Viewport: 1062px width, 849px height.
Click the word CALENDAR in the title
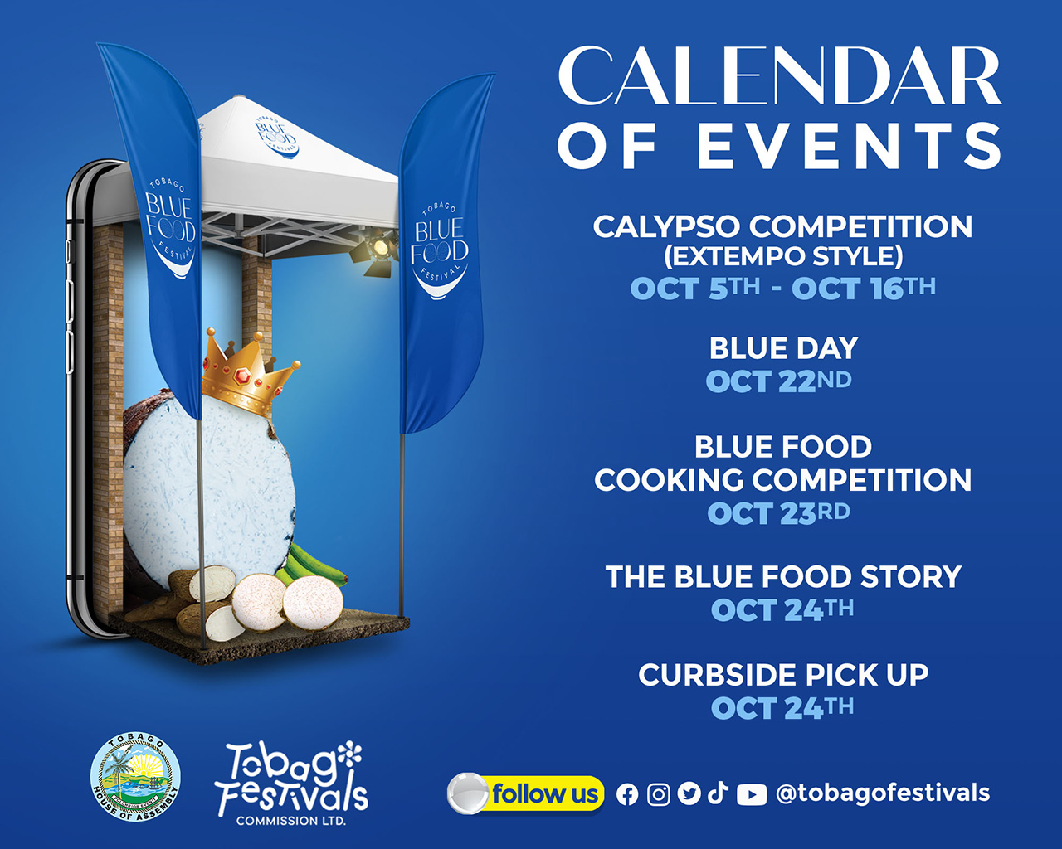(x=779, y=75)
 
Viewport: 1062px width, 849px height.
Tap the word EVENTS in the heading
(x=849, y=146)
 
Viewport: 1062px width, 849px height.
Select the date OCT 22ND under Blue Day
(x=779, y=381)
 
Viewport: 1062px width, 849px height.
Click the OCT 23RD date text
(x=779, y=513)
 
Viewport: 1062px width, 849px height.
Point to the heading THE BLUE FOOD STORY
(x=783, y=576)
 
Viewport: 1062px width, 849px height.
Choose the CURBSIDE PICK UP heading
(x=783, y=674)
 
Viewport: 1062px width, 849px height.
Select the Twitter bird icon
(x=689, y=794)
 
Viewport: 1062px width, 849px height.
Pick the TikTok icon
(x=718, y=793)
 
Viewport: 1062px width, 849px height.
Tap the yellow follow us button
(x=525, y=793)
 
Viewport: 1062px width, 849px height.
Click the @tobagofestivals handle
(x=883, y=793)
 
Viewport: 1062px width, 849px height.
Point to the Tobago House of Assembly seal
(x=135, y=777)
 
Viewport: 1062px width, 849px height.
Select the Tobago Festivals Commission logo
(x=291, y=784)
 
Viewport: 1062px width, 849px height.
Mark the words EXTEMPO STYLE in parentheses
(x=783, y=256)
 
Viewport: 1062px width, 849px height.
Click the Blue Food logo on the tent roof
(x=276, y=137)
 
